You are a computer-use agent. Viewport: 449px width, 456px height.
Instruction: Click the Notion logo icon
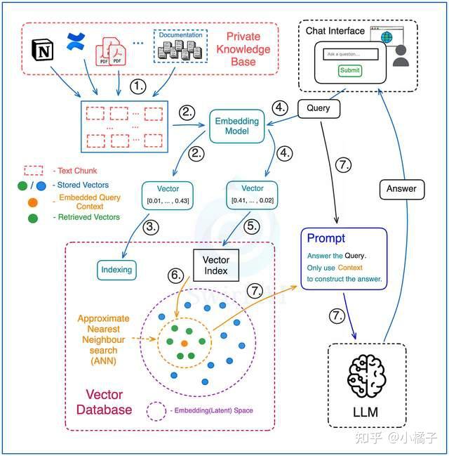click(x=42, y=51)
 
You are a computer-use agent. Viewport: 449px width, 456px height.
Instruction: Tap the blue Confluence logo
click(x=76, y=41)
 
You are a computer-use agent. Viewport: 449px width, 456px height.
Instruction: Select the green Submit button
click(x=350, y=70)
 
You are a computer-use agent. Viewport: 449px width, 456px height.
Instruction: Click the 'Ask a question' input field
click(x=351, y=54)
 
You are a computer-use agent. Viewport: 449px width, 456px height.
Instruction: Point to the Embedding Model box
click(x=236, y=126)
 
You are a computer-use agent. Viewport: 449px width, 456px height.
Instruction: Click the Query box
click(x=319, y=108)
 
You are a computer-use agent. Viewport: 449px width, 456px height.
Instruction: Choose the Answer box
click(x=402, y=189)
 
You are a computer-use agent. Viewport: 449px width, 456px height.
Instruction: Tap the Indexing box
click(x=116, y=270)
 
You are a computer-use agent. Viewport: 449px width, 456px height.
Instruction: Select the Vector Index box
click(x=216, y=265)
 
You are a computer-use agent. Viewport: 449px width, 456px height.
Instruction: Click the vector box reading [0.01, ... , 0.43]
click(x=168, y=195)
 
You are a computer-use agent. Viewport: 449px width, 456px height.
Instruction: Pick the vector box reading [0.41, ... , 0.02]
click(x=252, y=195)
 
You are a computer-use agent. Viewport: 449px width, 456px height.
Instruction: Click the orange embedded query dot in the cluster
click(x=184, y=344)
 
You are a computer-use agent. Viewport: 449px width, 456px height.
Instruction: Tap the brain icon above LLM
click(x=367, y=376)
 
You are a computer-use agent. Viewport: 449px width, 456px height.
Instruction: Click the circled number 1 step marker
click(x=138, y=86)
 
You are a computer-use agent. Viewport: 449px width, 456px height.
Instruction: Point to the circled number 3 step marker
click(x=151, y=227)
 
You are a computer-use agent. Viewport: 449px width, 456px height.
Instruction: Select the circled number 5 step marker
click(x=252, y=226)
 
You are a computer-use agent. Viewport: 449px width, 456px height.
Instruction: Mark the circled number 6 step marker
click(x=176, y=275)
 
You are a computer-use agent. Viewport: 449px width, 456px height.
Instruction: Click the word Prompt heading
click(x=326, y=238)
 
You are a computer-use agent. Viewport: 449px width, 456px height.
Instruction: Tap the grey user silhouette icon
click(x=401, y=56)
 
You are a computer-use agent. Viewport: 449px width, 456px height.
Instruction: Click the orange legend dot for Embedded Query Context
click(x=33, y=202)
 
